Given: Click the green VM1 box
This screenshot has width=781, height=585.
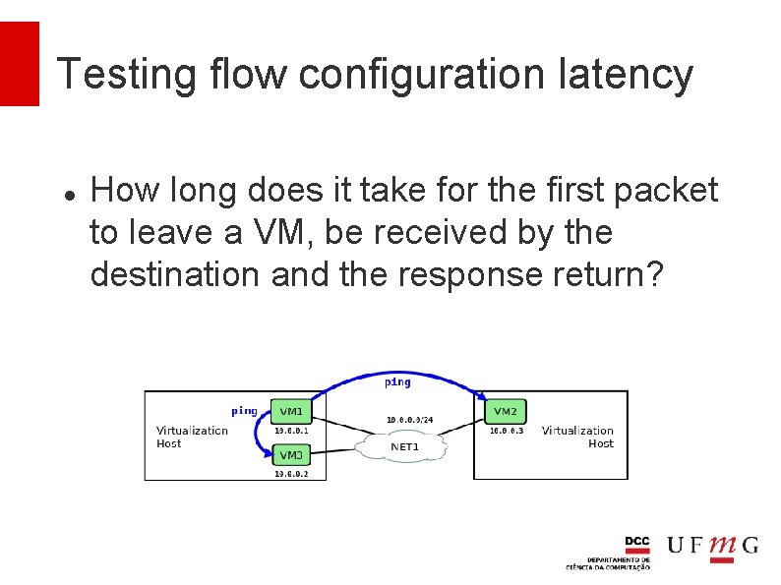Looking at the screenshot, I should point(291,411).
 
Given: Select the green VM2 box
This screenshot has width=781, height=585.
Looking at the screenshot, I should point(505,411).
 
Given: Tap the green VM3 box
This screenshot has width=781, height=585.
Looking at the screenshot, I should point(291,455).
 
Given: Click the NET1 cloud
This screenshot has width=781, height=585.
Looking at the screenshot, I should point(404,447).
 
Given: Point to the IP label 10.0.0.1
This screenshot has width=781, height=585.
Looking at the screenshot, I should point(291,430).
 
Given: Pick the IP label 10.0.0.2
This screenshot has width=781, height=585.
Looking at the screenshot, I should point(291,474).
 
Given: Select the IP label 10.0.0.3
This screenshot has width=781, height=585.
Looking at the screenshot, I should point(507,430).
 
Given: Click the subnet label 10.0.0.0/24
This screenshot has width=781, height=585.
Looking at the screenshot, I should point(409,420).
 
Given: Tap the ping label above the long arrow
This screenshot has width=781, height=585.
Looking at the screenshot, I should point(397,381).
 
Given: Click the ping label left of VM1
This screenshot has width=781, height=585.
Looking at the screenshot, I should point(244,411).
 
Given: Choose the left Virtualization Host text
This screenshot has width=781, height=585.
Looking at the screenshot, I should point(191,437).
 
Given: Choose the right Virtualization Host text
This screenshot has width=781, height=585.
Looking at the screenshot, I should point(577,437).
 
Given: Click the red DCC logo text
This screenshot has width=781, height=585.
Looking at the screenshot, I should point(637,542).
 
